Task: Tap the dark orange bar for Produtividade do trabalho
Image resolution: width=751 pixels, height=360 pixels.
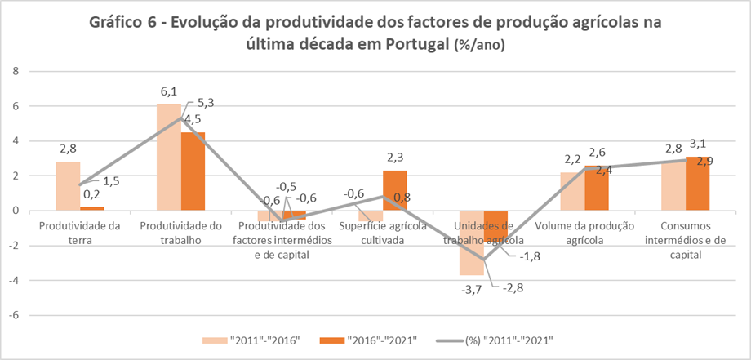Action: click(193, 171)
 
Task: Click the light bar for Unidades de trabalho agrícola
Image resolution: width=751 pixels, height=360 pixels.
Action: click(471, 242)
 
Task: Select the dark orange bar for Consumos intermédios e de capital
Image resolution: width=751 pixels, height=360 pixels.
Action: click(696, 184)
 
